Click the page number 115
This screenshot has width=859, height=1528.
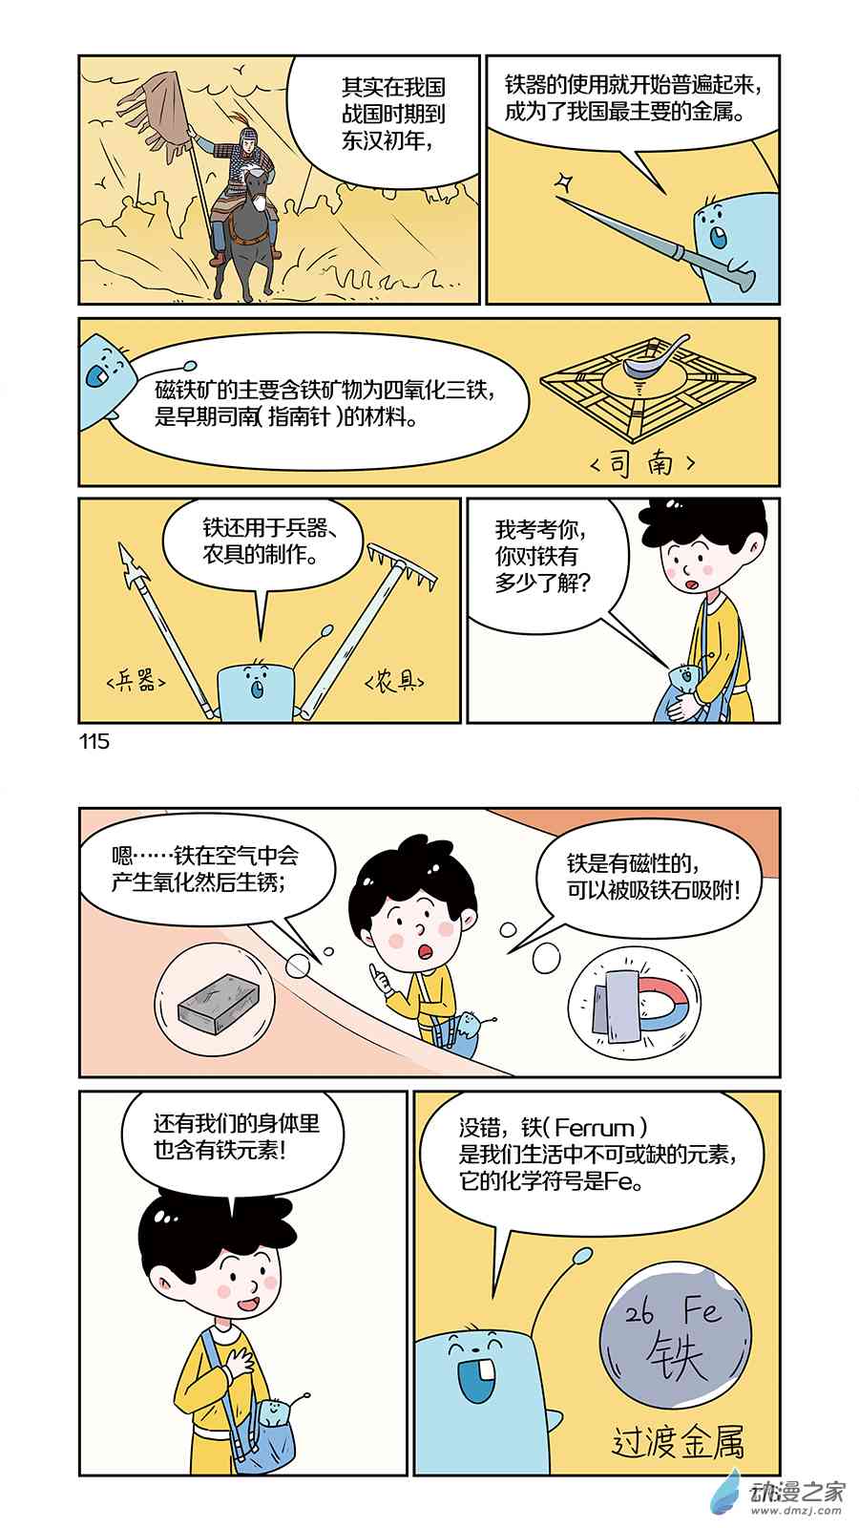pyautogui.click(x=94, y=741)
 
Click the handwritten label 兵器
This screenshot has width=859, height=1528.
pyautogui.click(x=136, y=680)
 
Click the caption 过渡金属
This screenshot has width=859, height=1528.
pyautogui.click(x=678, y=1441)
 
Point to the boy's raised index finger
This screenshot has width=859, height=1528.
pyautogui.click(x=373, y=971)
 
